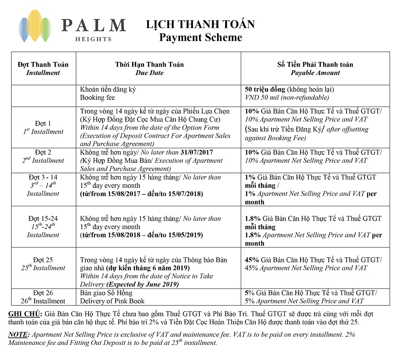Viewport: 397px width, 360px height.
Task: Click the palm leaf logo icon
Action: (x=35, y=29)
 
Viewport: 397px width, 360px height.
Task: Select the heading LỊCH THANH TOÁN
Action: (x=200, y=24)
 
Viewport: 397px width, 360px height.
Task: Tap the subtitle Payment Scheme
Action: (x=200, y=37)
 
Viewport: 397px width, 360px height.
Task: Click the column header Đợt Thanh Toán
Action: (x=43, y=64)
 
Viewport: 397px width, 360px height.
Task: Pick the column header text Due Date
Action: (x=149, y=73)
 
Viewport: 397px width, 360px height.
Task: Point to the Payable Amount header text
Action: (x=315, y=73)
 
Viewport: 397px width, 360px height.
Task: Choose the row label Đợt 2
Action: (x=43, y=152)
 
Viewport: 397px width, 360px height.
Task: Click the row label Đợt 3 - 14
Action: (x=43, y=177)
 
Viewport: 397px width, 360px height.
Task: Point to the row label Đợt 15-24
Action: (x=43, y=218)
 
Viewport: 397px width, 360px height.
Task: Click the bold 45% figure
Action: (x=252, y=260)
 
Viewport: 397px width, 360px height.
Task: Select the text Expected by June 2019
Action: (x=143, y=285)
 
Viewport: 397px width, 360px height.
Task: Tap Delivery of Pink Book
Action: (x=112, y=301)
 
